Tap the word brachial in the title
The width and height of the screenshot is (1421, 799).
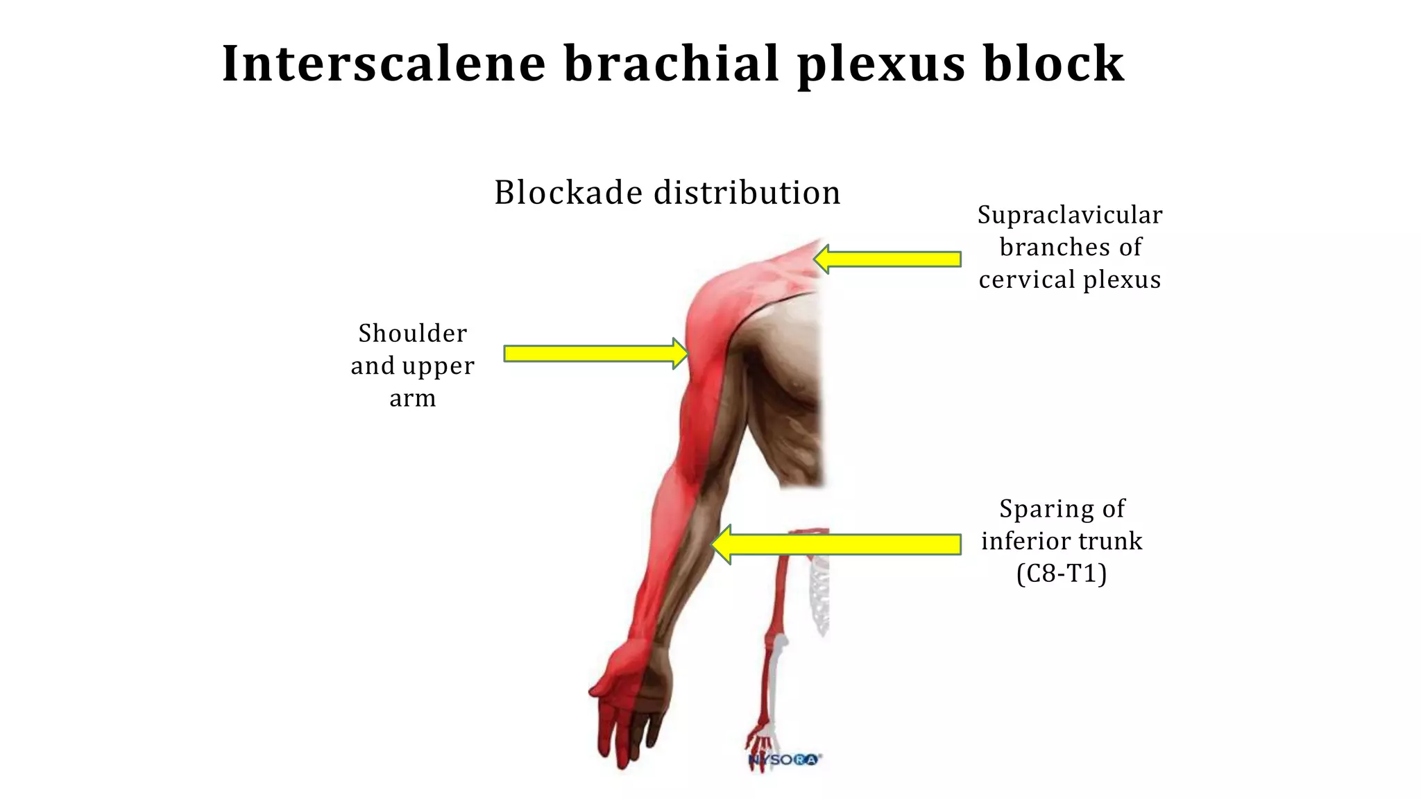[x=672, y=64]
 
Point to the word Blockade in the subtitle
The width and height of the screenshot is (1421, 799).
[x=568, y=192]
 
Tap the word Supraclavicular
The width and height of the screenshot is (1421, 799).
[x=1069, y=215]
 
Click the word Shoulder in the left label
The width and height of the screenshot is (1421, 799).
[x=413, y=334]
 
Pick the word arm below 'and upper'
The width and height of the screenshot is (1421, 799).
[x=413, y=398]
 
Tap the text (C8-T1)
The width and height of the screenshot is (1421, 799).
[x=1062, y=574]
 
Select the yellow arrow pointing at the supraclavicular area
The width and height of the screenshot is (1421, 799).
[x=887, y=259]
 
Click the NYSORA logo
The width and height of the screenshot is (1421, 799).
[x=784, y=759]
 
